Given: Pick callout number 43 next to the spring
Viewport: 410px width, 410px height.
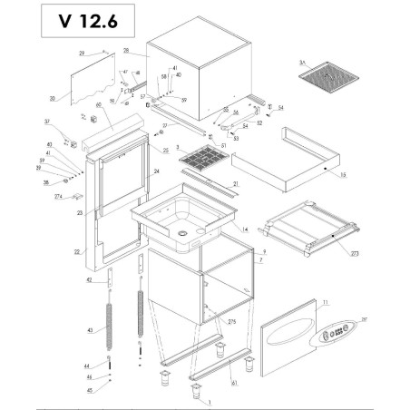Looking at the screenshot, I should (91, 330).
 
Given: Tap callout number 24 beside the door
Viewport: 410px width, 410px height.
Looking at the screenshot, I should (156, 171).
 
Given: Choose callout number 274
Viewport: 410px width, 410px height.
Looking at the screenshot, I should (58, 196).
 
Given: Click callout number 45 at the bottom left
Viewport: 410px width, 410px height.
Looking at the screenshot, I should (90, 391).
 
